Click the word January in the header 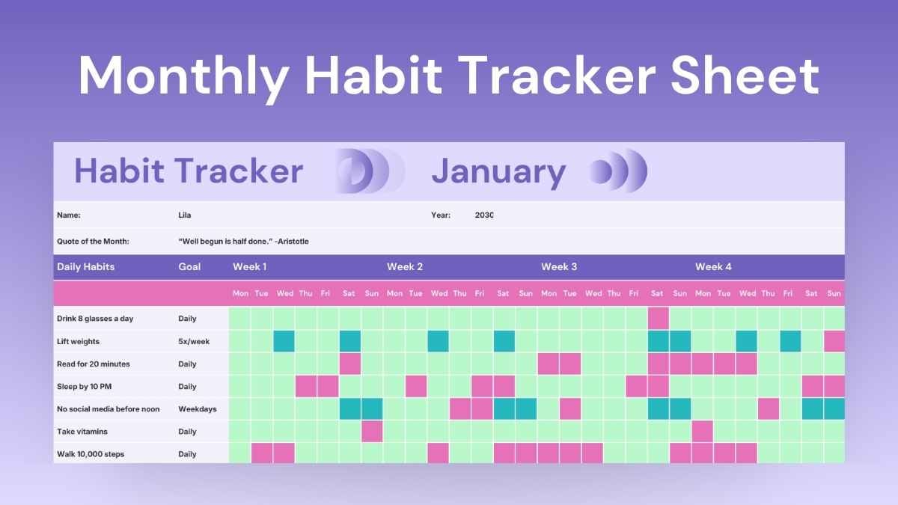tap(498, 172)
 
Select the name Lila tap(184, 215)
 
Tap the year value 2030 tap(484, 215)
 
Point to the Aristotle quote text tap(243, 242)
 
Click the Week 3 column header tap(559, 267)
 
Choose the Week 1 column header tap(249, 267)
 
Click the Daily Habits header tap(85, 267)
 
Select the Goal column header tap(189, 267)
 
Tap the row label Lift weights tap(78, 342)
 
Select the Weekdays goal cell tap(195, 409)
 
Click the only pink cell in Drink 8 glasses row tap(658, 319)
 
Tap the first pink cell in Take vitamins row tap(372, 432)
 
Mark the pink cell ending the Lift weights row tap(834, 342)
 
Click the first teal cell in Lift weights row tap(284, 342)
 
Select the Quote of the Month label tap(93, 242)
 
